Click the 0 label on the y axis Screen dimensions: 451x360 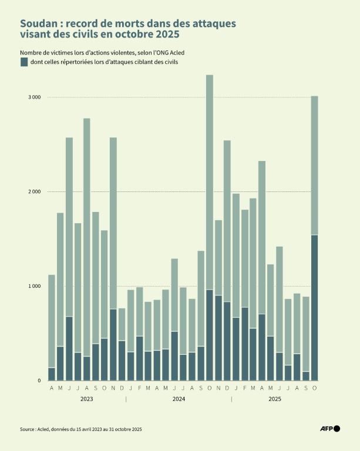point(39,381)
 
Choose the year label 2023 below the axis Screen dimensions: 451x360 point(86,399)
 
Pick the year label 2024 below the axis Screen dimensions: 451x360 point(179,399)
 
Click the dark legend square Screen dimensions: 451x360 point(24,62)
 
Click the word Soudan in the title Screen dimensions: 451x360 point(41,24)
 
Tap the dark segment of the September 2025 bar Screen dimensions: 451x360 point(306,376)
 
